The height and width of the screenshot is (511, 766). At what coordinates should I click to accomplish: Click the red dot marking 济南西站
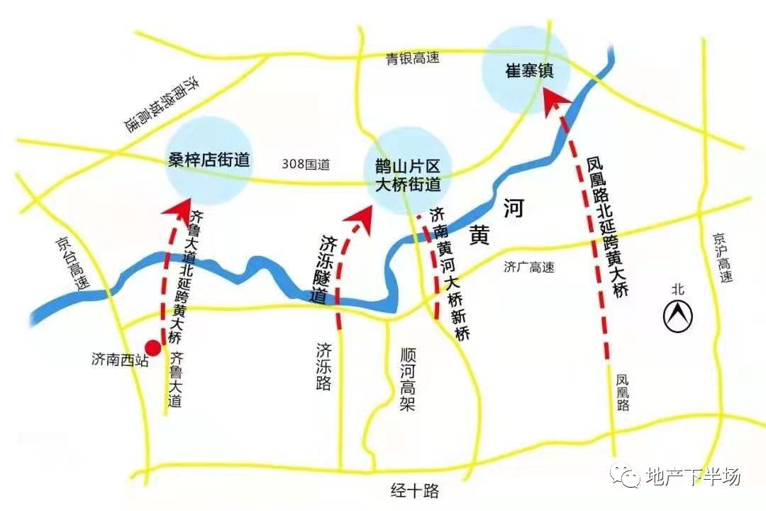(152, 347)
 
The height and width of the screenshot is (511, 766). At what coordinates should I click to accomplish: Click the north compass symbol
(677, 315)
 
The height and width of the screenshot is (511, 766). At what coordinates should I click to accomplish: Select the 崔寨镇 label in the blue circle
(528, 72)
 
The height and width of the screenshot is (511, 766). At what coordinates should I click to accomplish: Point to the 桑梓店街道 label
(209, 160)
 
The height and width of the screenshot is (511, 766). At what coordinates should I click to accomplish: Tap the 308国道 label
(306, 164)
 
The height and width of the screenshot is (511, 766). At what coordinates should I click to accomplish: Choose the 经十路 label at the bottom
(416, 490)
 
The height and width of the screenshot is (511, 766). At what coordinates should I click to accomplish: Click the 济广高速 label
(529, 268)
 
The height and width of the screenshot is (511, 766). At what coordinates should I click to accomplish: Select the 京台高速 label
(73, 263)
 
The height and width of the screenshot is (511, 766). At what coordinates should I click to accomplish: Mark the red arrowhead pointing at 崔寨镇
(553, 99)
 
